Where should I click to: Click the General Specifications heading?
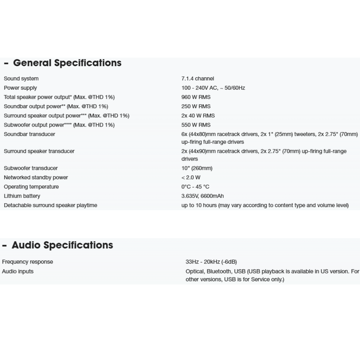(x=67, y=63)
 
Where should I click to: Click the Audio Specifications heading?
(x=62, y=245)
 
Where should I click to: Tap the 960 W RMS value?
(x=196, y=97)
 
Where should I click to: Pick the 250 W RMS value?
(x=196, y=106)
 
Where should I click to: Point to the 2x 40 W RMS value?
(x=198, y=116)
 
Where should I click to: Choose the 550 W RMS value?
(x=196, y=125)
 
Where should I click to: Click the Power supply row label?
(x=20, y=88)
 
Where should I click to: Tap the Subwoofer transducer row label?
(x=31, y=168)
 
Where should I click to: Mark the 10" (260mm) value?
(x=197, y=168)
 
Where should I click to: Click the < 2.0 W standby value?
(x=191, y=178)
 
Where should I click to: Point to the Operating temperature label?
(x=31, y=187)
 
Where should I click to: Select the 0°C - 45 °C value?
(x=195, y=187)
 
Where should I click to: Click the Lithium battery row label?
(x=22, y=196)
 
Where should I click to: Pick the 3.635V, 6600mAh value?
(x=202, y=196)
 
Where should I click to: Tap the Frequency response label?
(x=27, y=262)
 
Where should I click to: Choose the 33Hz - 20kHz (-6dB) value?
(x=211, y=262)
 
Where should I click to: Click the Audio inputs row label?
(x=18, y=271)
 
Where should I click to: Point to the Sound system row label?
(x=21, y=79)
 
